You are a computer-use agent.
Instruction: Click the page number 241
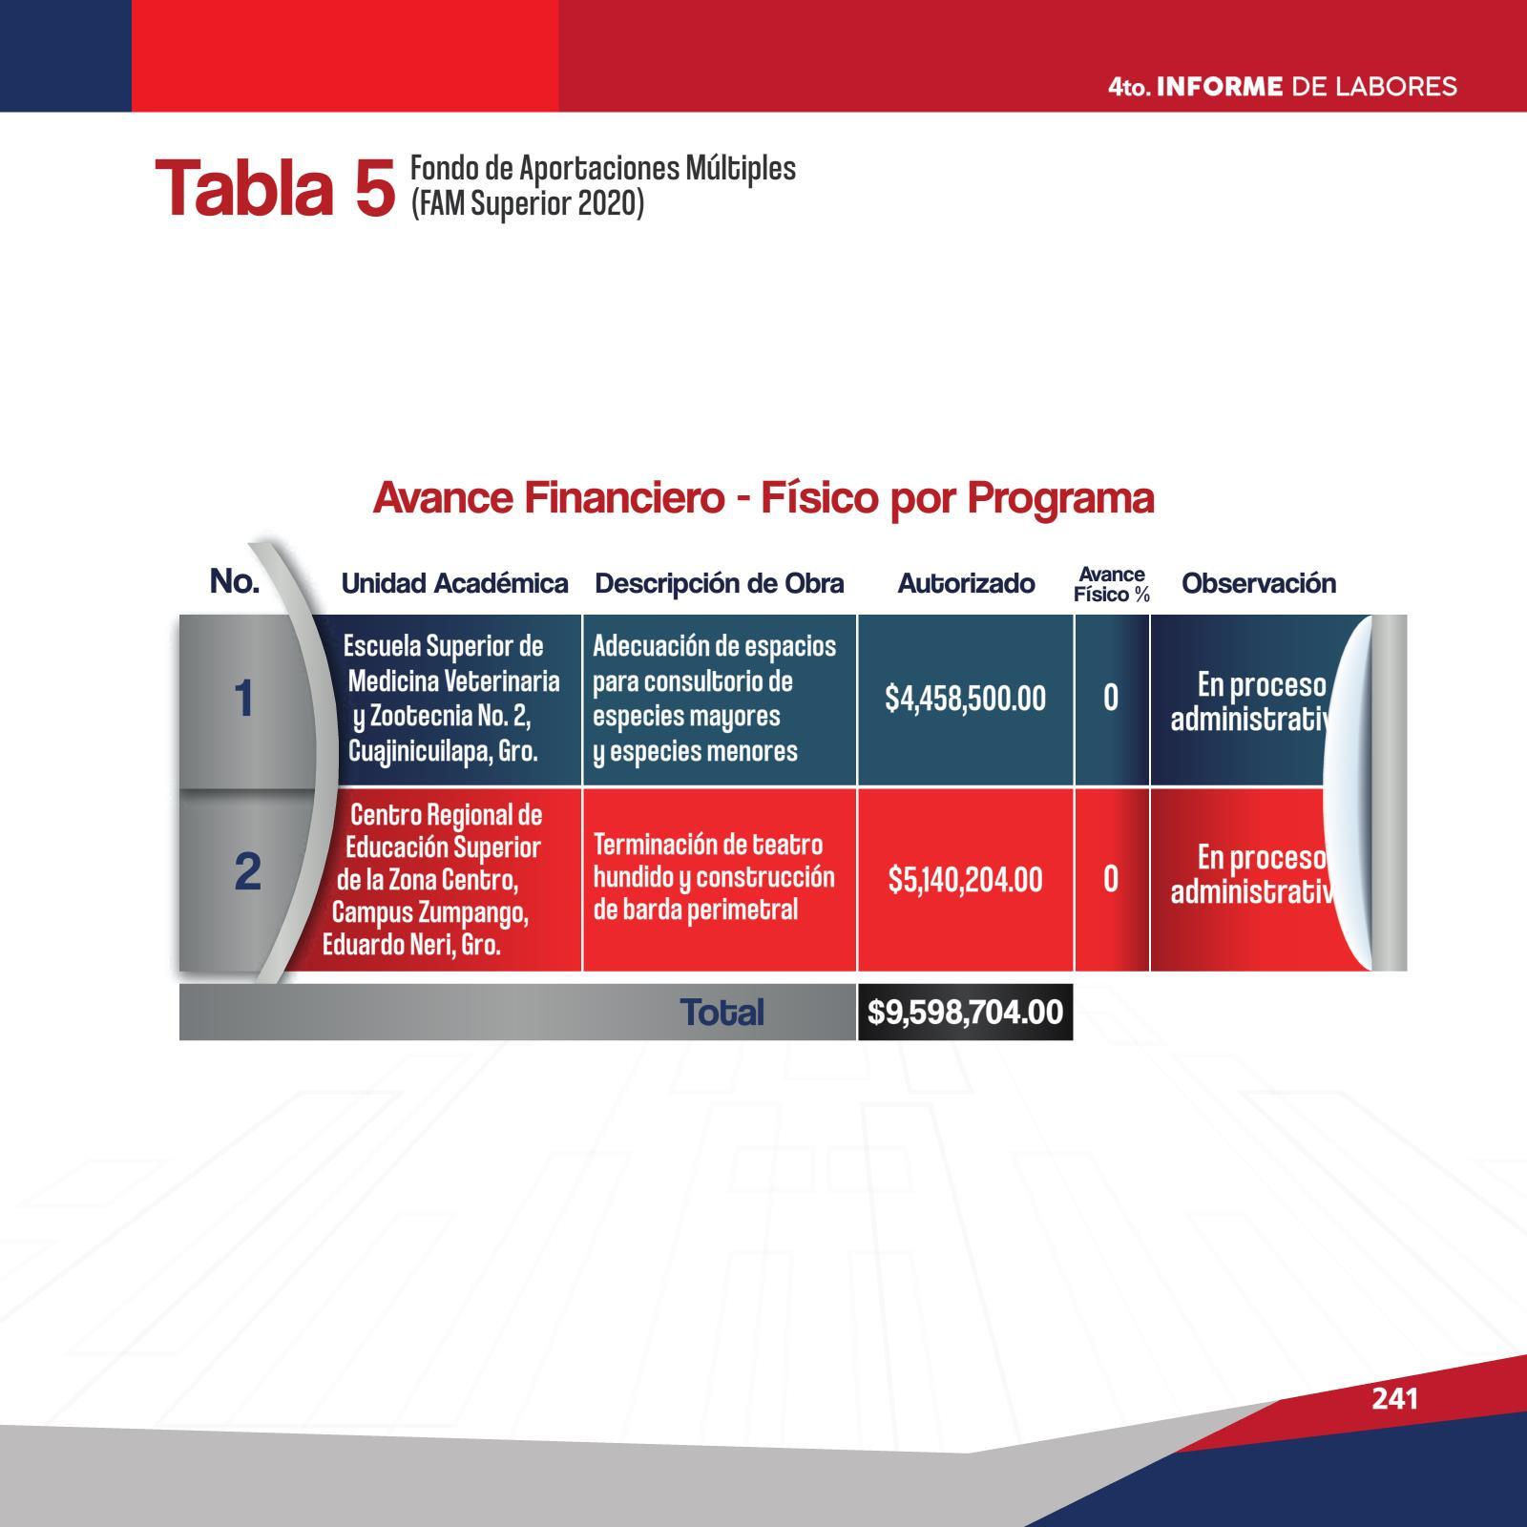pyautogui.click(x=1394, y=1398)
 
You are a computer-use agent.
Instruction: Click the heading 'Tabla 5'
pyautogui.click(x=275, y=188)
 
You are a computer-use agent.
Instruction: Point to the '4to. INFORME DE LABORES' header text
pyautogui.click(x=1283, y=87)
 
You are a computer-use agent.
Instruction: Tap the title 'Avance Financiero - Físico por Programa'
pyautogui.click(x=763, y=497)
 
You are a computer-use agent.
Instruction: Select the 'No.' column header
pyautogui.click(x=235, y=580)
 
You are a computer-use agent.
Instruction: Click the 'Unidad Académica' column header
pyautogui.click(x=454, y=583)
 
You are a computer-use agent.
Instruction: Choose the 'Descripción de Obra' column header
pyautogui.click(x=719, y=583)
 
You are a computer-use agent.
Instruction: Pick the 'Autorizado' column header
pyautogui.click(x=966, y=583)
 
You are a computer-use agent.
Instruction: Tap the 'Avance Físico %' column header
pyautogui.click(x=1112, y=584)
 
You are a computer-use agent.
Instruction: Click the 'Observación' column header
pyautogui.click(x=1259, y=583)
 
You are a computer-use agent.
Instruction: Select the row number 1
pyautogui.click(x=244, y=699)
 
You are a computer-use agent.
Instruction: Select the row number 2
pyautogui.click(x=247, y=871)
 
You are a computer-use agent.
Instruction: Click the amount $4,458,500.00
pyautogui.click(x=965, y=699)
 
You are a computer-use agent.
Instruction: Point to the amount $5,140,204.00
pyautogui.click(x=965, y=879)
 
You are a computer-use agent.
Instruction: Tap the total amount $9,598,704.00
pyautogui.click(x=965, y=1012)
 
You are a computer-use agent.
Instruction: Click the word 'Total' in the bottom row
pyautogui.click(x=722, y=1013)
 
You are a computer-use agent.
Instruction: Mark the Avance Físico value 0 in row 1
pyautogui.click(x=1111, y=699)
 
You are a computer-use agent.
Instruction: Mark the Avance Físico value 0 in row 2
pyautogui.click(x=1111, y=879)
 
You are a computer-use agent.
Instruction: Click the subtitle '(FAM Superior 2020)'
pyautogui.click(x=528, y=203)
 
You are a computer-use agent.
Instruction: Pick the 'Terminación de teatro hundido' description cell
pyautogui.click(x=714, y=876)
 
